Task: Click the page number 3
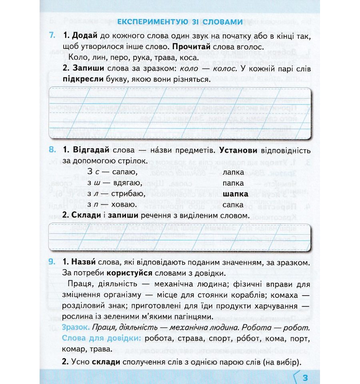coord(305,377)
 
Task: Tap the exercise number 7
coord(52,36)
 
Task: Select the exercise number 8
coord(52,151)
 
